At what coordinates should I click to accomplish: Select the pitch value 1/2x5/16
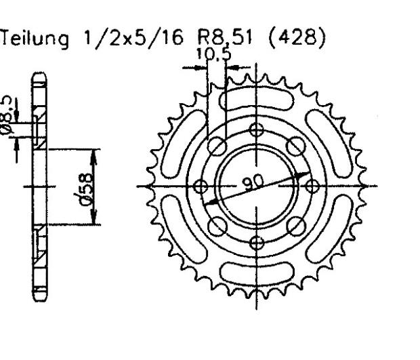pos(129,39)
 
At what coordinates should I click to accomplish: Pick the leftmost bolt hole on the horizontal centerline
pos(199,185)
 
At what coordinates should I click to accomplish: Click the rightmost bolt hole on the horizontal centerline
pos(311,185)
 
